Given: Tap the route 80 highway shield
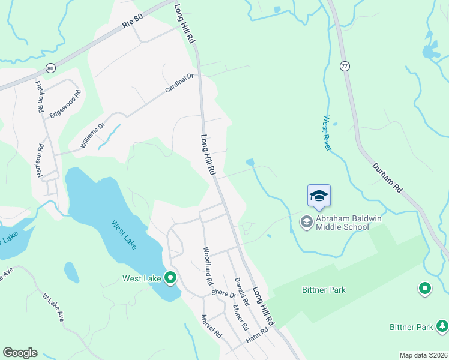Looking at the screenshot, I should pos(50,68).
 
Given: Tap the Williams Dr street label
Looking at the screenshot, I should pos(93,135).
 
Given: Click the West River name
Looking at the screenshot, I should pos(327,133).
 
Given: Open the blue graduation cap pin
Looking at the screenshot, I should pos(319,196).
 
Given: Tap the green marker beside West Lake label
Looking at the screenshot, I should pos(170,278).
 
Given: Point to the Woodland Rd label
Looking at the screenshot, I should pos(208,265).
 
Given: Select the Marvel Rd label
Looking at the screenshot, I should pos(211,326).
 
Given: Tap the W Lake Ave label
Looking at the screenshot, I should pos(53,307).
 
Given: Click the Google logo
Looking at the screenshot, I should pos(20,352).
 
